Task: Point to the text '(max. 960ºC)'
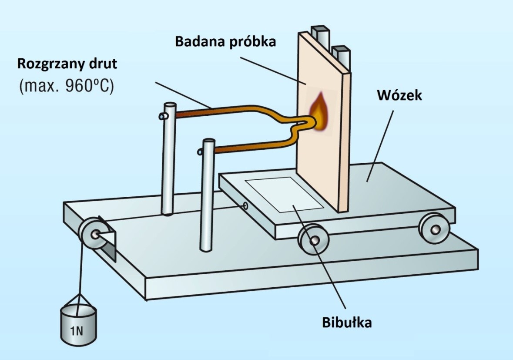[x=66, y=86]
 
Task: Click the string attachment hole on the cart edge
[x=245, y=205]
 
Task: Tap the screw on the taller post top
[x=163, y=116]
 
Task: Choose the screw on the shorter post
[x=200, y=152]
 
